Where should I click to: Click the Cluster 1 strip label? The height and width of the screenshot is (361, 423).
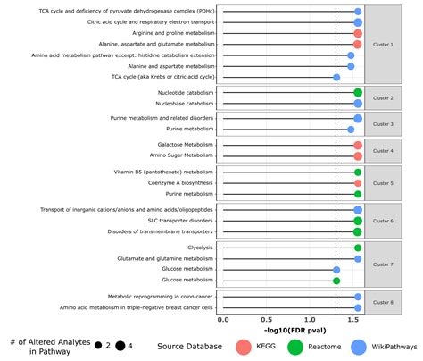(x=386, y=44)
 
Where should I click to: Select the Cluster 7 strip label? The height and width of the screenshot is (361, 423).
(x=386, y=264)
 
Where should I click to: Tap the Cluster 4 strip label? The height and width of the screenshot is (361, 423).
(x=386, y=150)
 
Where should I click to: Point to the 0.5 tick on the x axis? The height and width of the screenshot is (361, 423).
(x=266, y=319)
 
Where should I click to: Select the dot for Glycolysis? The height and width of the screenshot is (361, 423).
(x=358, y=248)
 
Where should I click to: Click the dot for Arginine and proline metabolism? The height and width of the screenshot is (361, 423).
(x=358, y=33)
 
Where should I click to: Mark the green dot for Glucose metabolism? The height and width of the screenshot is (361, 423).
(x=336, y=281)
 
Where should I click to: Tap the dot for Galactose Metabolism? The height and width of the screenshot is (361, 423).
(x=358, y=145)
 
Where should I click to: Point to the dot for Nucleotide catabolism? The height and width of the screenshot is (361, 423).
(x=358, y=93)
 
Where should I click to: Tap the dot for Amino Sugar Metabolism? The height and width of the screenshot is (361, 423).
(x=358, y=155)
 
